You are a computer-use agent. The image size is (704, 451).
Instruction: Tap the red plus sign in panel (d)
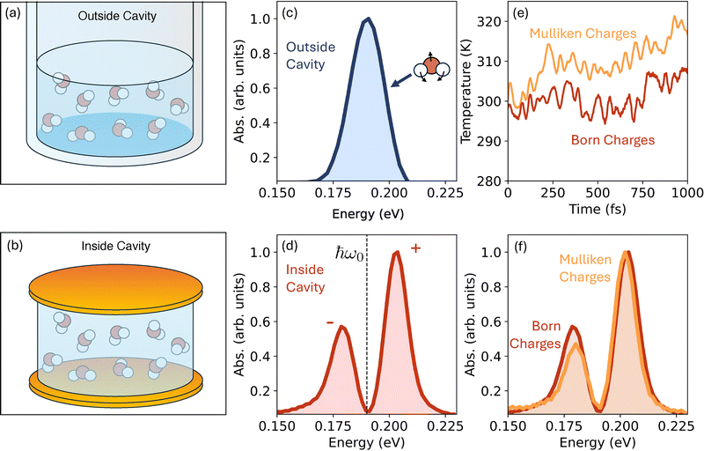[415, 248]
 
